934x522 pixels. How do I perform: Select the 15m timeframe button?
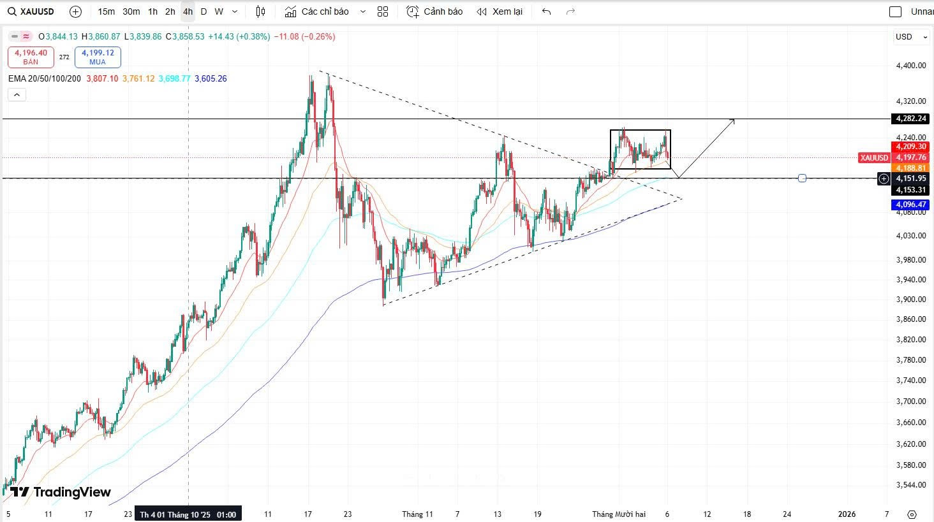[107, 11]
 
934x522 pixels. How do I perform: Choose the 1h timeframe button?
[152, 11]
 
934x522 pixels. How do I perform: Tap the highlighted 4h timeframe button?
[188, 11]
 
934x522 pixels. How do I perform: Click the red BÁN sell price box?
[31, 57]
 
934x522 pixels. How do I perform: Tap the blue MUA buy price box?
[98, 57]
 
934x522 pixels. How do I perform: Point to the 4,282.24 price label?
[910, 119]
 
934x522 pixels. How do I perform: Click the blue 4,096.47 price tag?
[910, 205]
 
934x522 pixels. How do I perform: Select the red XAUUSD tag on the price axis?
[874, 157]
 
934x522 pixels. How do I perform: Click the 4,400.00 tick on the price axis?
[910, 66]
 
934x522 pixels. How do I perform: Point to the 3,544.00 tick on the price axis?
[910, 485]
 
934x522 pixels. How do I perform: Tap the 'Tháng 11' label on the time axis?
[417, 514]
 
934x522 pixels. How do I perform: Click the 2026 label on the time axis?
[847, 514]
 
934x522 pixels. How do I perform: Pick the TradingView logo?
[61, 492]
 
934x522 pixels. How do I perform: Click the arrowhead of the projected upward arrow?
[733, 120]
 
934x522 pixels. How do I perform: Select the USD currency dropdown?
[910, 37]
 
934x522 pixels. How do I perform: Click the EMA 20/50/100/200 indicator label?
[45, 78]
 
